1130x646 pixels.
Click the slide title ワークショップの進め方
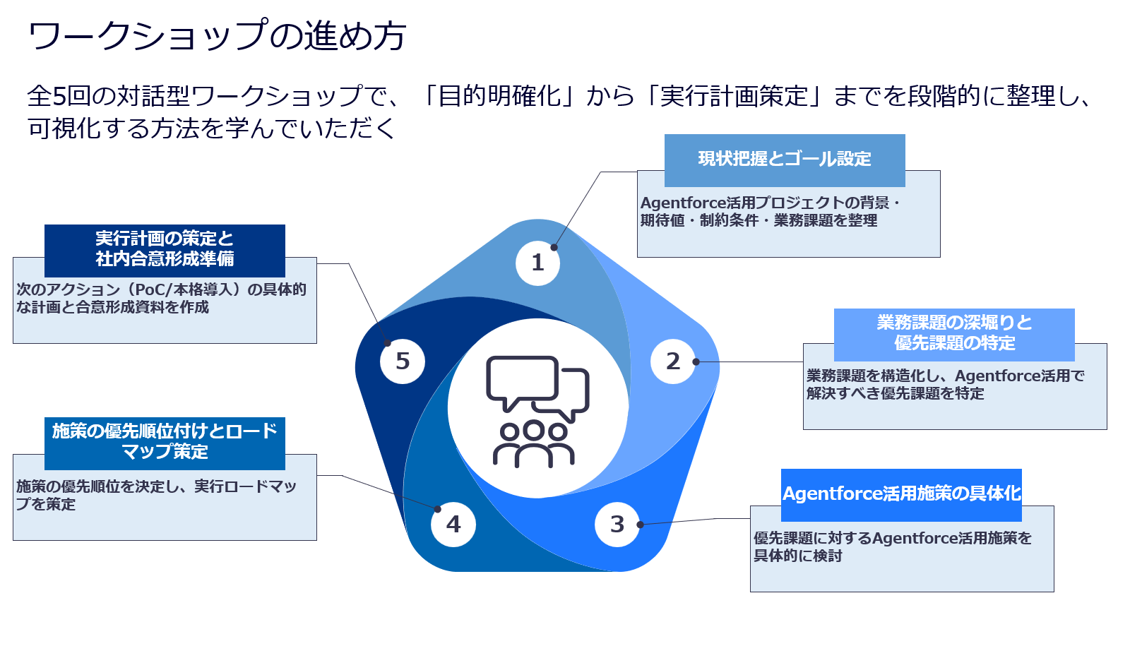pos(217,35)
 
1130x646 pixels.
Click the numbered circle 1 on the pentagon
pos(537,263)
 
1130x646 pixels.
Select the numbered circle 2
pos(673,361)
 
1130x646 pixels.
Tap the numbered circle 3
pos(617,524)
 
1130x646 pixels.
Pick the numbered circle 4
pos(453,524)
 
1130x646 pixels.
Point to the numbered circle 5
pos(402,361)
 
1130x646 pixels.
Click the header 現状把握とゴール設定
pos(784,160)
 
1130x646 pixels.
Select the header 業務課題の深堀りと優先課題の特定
pos(954,333)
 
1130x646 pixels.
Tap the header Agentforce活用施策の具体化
pos(901,494)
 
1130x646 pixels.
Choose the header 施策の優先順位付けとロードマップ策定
pos(165,442)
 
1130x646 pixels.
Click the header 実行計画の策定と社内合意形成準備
pos(165,249)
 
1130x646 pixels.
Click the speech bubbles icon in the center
pos(537,387)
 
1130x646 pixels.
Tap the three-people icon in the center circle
pos(534,444)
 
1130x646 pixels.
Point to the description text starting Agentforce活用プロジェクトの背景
pos(769,212)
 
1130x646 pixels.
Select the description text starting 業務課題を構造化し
pos(945,385)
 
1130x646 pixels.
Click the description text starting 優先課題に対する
pos(892,547)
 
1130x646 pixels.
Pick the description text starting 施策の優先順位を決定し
pos(156,495)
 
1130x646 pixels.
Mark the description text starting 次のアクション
pos(161,298)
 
